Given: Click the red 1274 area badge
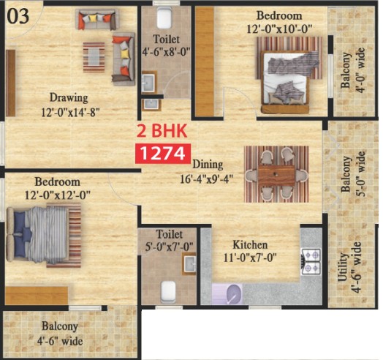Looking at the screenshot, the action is coord(163,154).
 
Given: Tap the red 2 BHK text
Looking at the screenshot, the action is coord(162,131).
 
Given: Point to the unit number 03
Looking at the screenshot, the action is coord(18,16).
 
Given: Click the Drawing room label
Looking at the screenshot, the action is coord(69,97).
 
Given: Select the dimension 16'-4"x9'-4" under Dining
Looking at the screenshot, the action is coord(206,179).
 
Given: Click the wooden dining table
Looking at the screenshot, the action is coord(276,175).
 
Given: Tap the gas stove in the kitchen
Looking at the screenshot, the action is coord(311,261).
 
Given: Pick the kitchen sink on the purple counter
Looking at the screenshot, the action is coord(235,293).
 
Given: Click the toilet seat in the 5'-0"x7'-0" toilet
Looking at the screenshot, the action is coord(169,291).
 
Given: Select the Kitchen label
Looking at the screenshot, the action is coord(250,244).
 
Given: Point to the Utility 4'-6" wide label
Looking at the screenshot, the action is coord(349,267).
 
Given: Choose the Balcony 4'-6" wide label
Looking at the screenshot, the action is coord(60,334).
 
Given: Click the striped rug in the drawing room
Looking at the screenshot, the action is coord(94,57).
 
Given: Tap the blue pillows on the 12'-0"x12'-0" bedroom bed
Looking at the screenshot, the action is coord(22,234).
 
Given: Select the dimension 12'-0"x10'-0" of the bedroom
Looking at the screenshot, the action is coord(279,29).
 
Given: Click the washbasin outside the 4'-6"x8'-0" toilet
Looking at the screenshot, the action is coord(151,105).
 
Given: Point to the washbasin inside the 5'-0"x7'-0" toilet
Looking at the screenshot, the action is coord(189,264).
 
